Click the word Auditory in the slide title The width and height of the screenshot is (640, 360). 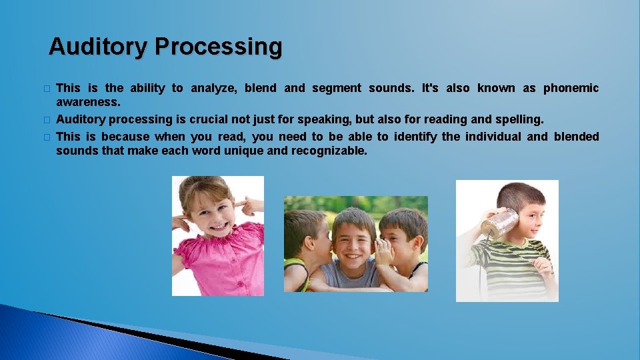pyautogui.click(x=99, y=47)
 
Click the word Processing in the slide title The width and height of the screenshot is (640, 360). pyautogui.click(x=219, y=47)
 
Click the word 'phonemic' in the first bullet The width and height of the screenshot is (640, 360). pyautogui.click(x=571, y=88)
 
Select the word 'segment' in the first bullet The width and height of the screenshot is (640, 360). pyautogui.click(x=336, y=88)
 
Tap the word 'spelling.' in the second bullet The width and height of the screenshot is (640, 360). pyautogui.click(x=519, y=119)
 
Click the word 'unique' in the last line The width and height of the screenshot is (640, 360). pyautogui.click(x=245, y=151)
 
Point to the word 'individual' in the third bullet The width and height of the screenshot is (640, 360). pyautogui.click(x=490, y=136)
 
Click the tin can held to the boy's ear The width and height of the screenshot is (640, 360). pyautogui.click(x=500, y=223)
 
